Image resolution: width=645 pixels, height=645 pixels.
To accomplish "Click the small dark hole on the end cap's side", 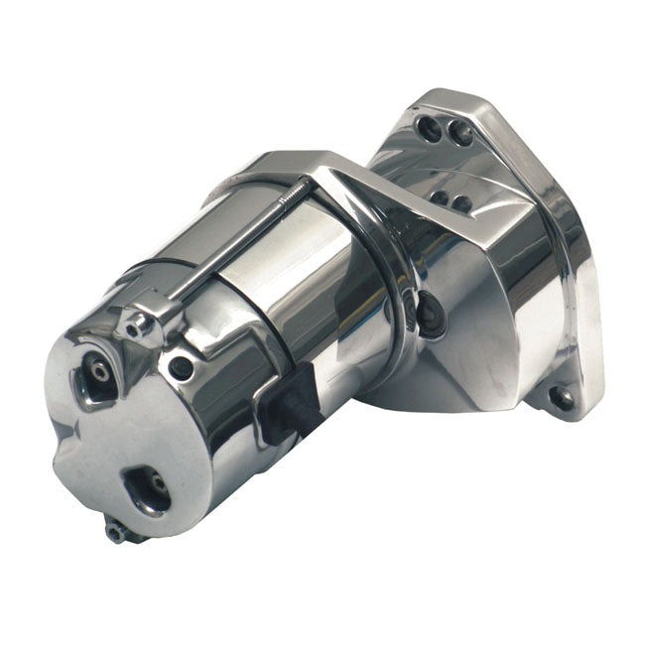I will click(181, 368).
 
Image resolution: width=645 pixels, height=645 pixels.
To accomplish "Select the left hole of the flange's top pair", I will click(428, 127).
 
